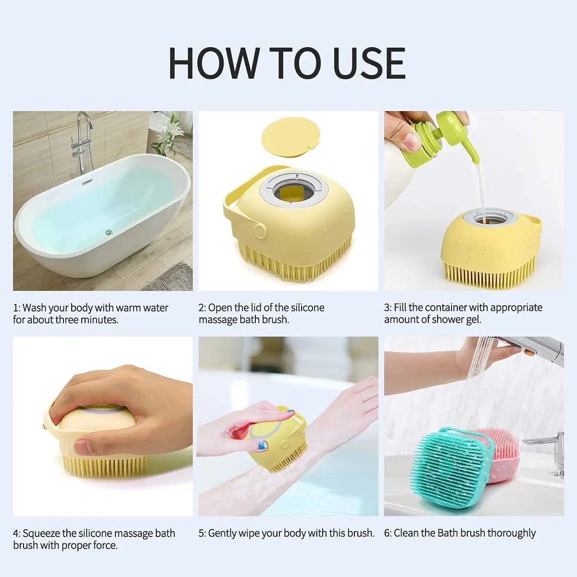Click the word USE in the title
369,63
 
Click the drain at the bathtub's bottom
109,233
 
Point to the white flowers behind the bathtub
168,127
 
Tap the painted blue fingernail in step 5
262,445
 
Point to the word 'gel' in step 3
473,320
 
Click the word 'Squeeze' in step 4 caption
41,533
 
